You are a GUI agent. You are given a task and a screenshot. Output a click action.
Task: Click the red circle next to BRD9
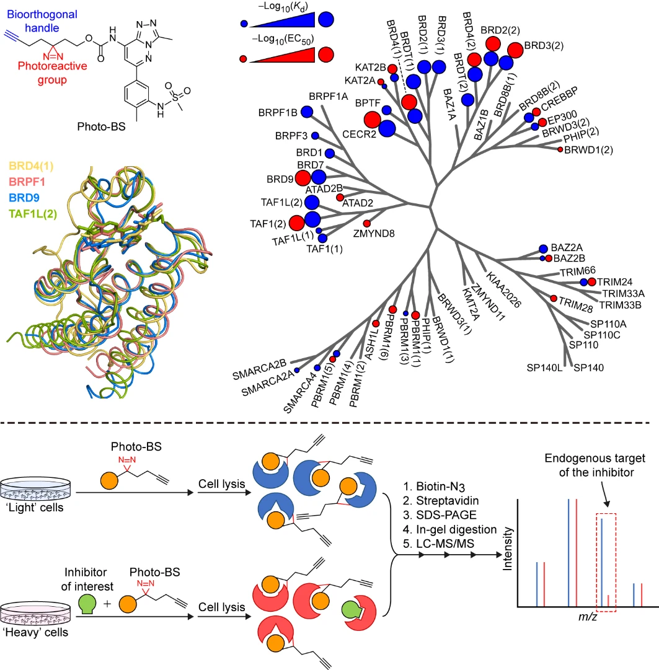303,178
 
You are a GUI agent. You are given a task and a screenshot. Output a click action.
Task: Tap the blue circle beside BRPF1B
306,112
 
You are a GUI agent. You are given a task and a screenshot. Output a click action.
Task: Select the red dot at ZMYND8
366,224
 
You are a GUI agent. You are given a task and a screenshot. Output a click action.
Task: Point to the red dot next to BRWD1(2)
560,149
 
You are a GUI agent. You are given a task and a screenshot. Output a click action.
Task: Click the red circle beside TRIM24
591,281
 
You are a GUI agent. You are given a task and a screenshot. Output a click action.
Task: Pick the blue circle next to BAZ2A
543,249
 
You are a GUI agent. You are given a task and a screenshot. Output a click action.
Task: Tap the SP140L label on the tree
544,368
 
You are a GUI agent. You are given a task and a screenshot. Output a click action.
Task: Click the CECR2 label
359,134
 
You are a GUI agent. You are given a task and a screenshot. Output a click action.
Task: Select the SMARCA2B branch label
259,369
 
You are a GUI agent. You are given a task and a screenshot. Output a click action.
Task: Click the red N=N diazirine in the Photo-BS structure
53,56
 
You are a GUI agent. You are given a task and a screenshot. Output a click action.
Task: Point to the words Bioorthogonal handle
42,21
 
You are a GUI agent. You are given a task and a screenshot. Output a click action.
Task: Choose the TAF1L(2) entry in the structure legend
33,214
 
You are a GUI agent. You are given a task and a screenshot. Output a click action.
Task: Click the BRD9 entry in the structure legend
24,198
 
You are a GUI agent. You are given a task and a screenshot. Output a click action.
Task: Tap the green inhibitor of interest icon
87,605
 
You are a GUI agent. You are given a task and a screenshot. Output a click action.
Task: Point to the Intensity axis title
507,549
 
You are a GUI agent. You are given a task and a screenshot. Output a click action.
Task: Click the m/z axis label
587,617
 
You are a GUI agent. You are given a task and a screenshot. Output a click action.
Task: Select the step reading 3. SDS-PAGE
440,515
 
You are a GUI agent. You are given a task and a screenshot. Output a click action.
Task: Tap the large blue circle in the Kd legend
326,19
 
